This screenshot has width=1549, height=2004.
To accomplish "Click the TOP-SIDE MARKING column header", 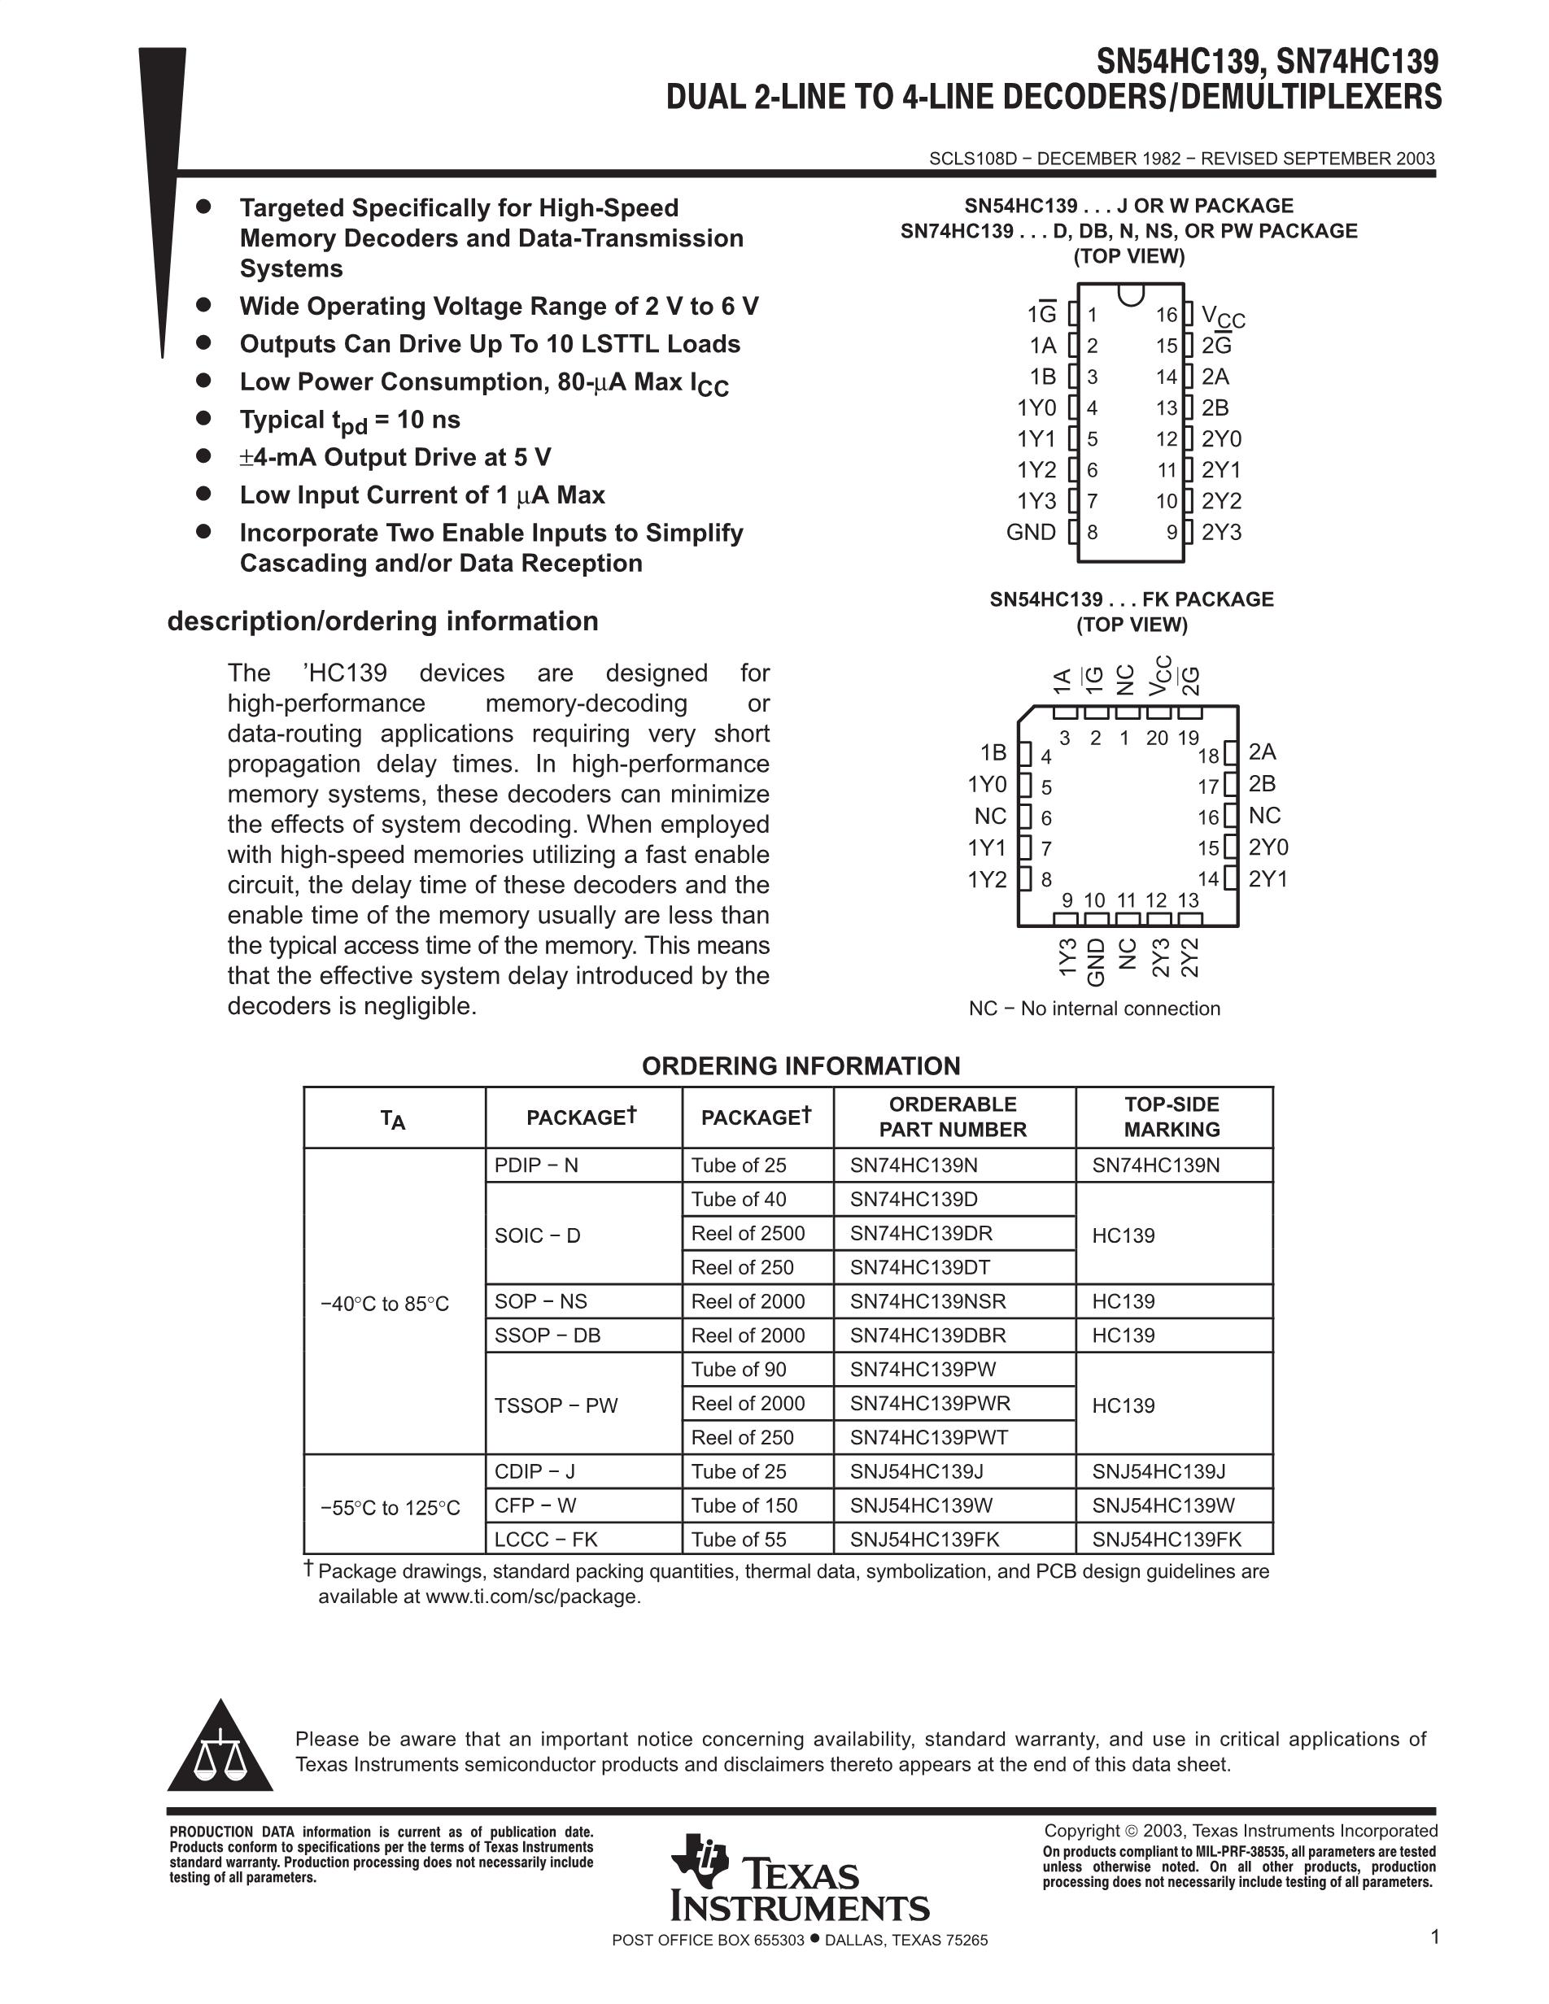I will tap(1172, 1117).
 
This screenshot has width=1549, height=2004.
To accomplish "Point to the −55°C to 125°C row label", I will tap(390, 1508).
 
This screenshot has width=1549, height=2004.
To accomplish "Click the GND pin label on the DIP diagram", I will tap(1031, 532).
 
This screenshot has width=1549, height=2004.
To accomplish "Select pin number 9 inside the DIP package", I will tap(1172, 532).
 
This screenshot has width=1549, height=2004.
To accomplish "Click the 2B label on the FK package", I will tap(1262, 783).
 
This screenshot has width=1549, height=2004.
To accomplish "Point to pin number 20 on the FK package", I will tap(1156, 738).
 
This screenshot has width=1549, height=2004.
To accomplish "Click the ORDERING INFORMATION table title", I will tap(801, 1066).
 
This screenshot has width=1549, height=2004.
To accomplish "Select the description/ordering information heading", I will tap(382, 621).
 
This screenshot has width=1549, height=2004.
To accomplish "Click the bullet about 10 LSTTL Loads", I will tap(490, 344).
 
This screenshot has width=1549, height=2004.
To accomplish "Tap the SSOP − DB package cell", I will tap(547, 1335).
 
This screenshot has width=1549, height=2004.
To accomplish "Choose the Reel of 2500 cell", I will tap(748, 1233).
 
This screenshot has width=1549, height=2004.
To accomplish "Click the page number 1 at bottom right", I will tap(1434, 1937).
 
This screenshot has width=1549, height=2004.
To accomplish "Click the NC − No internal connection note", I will tap(1094, 1009).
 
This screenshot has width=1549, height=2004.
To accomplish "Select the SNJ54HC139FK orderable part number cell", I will tap(924, 1540).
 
